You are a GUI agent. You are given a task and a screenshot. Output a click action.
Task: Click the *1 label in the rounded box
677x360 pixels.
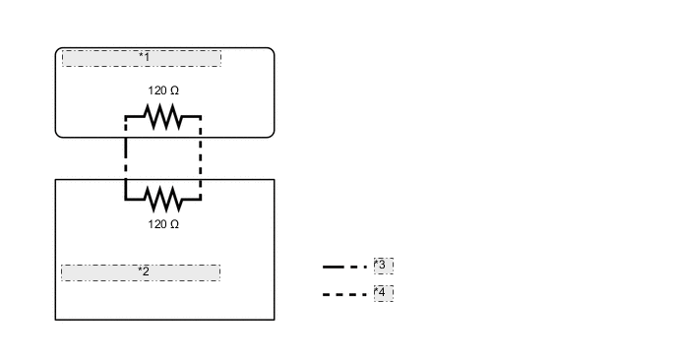(143, 58)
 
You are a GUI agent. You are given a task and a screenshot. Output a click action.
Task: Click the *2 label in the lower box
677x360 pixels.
(143, 271)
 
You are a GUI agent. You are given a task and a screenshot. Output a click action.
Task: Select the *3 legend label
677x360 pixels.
(383, 266)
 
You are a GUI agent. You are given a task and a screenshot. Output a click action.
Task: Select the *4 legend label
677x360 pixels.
(383, 293)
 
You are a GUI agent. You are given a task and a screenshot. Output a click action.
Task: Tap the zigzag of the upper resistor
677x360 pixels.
(163, 117)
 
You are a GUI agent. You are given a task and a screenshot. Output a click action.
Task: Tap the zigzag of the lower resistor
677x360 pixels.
(163, 199)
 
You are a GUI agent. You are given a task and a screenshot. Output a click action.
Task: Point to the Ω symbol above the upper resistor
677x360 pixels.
(174, 90)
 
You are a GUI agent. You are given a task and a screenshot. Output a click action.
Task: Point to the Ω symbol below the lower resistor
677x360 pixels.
(174, 224)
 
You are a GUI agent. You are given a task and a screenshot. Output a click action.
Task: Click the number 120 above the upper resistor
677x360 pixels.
(156, 90)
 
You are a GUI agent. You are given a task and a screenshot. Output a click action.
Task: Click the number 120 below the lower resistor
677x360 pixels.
(156, 224)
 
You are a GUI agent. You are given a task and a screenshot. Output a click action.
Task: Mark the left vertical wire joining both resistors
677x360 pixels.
(126, 157)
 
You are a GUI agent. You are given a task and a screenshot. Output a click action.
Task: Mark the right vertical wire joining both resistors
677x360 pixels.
(201, 157)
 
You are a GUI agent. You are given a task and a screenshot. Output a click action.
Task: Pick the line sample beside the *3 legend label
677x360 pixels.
(344, 267)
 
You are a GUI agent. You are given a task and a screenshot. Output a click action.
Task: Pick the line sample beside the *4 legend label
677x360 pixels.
(344, 294)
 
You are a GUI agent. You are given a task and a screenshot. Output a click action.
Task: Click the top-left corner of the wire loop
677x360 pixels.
(126, 117)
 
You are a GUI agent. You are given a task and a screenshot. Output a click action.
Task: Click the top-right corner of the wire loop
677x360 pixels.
(201, 117)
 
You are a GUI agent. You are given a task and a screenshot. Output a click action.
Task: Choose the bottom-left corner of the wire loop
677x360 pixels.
(126, 199)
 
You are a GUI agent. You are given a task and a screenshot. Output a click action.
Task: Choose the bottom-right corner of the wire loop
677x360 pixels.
(201, 199)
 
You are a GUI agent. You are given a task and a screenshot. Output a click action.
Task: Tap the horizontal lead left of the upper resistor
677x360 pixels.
(136, 117)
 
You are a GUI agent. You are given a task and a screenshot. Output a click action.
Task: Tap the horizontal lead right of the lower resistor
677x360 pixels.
(191, 199)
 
